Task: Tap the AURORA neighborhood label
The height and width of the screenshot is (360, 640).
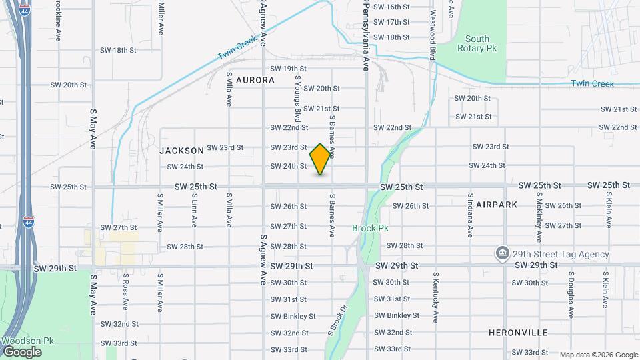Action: pyautogui.click(x=255, y=80)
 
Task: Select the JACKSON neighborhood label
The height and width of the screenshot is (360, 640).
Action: pyautogui.click(x=181, y=151)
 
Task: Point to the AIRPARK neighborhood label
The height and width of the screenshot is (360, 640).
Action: pyautogui.click(x=497, y=205)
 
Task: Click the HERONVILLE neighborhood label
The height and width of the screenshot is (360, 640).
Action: pyautogui.click(x=518, y=332)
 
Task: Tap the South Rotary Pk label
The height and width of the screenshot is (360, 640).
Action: pyautogui.click(x=477, y=44)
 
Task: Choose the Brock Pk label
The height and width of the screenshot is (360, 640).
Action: pyautogui.click(x=370, y=228)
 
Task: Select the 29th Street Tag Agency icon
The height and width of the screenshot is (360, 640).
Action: pyautogui.click(x=502, y=254)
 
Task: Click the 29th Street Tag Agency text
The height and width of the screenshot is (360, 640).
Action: pyautogui.click(x=561, y=254)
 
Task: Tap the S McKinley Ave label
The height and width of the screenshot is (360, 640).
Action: pyautogui.click(x=539, y=218)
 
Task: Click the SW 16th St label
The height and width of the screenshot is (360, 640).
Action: pyautogui.click(x=391, y=7)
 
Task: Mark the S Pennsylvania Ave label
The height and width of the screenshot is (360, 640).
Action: pyautogui.click(x=366, y=37)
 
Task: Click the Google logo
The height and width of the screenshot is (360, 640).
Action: pyautogui.click(x=21, y=352)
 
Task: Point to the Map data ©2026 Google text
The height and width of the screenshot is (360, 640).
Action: pyautogui.click(x=598, y=355)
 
